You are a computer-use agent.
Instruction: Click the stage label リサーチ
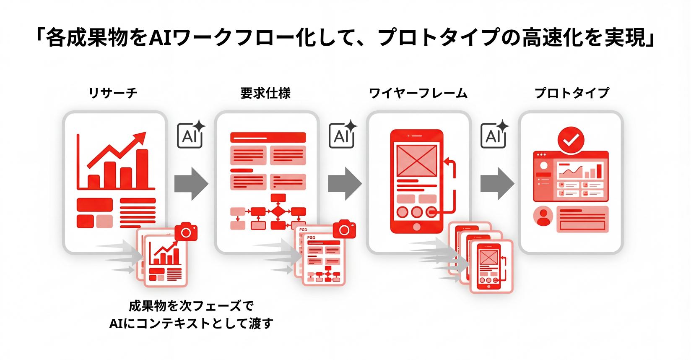pyautogui.click(x=113, y=93)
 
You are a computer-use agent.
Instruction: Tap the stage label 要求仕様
pyautogui.click(x=265, y=93)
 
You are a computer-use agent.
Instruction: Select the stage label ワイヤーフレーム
pyautogui.click(x=418, y=93)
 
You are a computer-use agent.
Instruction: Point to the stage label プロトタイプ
pyautogui.click(x=572, y=93)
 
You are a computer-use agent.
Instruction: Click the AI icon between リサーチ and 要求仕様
pyautogui.click(x=191, y=135)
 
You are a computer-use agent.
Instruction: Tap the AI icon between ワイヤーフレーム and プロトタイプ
pyautogui.click(x=494, y=135)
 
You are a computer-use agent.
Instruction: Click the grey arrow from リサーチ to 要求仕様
pyautogui.click(x=191, y=184)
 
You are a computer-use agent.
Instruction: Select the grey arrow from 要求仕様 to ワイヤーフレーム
pyautogui.click(x=345, y=184)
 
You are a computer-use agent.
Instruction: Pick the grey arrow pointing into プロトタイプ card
pyautogui.click(x=497, y=184)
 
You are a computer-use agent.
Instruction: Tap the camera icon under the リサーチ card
pyautogui.click(x=186, y=232)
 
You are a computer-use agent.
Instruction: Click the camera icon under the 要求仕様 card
pyautogui.click(x=344, y=230)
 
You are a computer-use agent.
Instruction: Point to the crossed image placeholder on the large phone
pyautogui.click(x=417, y=161)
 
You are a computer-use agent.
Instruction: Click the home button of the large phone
pyautogui.click(x=417, y=227)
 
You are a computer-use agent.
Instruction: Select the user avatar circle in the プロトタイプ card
pyautogui.click(x=543, y=216)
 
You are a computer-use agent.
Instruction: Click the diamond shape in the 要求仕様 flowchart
pyautogui.click(x=278, y=211)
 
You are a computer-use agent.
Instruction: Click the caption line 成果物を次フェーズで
pyautogui.click(x=191, y=306)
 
